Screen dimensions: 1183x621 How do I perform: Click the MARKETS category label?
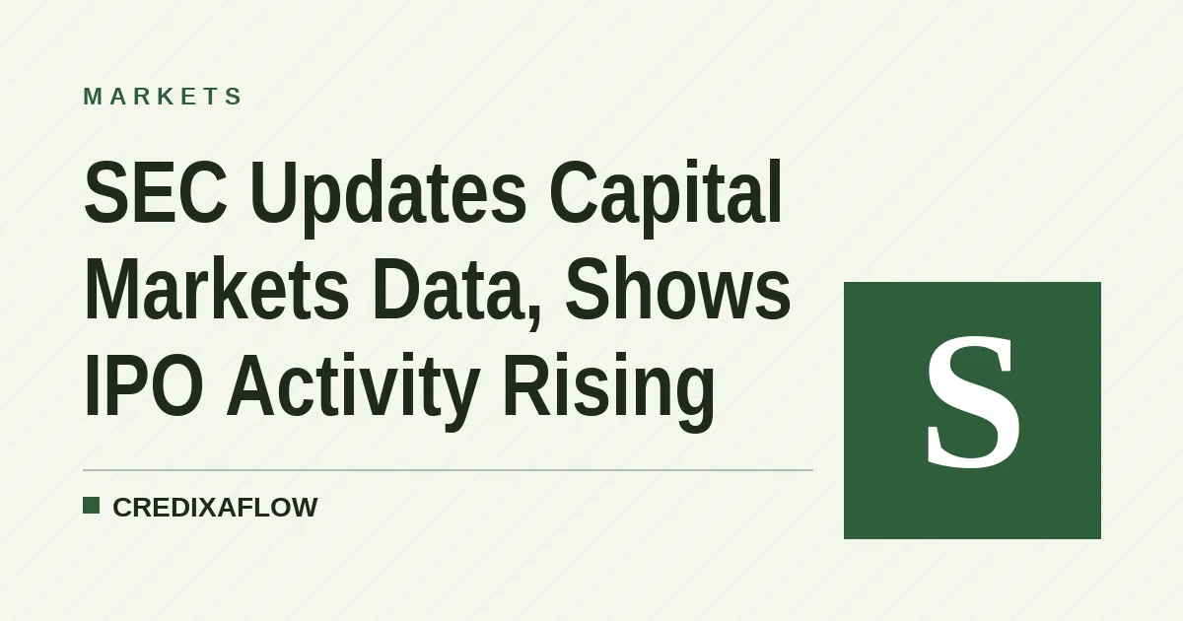tap(163, 97)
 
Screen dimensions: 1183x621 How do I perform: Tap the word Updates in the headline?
tap(388, 198)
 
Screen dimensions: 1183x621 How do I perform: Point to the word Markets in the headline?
tap(217, 289)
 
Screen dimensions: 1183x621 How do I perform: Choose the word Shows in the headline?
tap(678, 289)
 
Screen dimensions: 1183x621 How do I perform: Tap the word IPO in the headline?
tap(144, 385)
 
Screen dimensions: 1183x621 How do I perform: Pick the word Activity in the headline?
tap(353, 390)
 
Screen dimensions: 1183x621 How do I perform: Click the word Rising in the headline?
tap(609, 390)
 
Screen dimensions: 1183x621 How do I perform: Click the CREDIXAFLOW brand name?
tap(215, 508)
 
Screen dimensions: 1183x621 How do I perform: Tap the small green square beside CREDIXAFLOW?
tap(92, 506)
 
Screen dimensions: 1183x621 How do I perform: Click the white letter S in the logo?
tap(973, 402)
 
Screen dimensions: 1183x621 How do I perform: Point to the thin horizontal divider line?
tap(448, 469)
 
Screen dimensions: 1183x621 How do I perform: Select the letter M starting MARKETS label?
tap(93, 97)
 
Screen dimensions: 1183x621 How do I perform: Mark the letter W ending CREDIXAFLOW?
tap(304, 508)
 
